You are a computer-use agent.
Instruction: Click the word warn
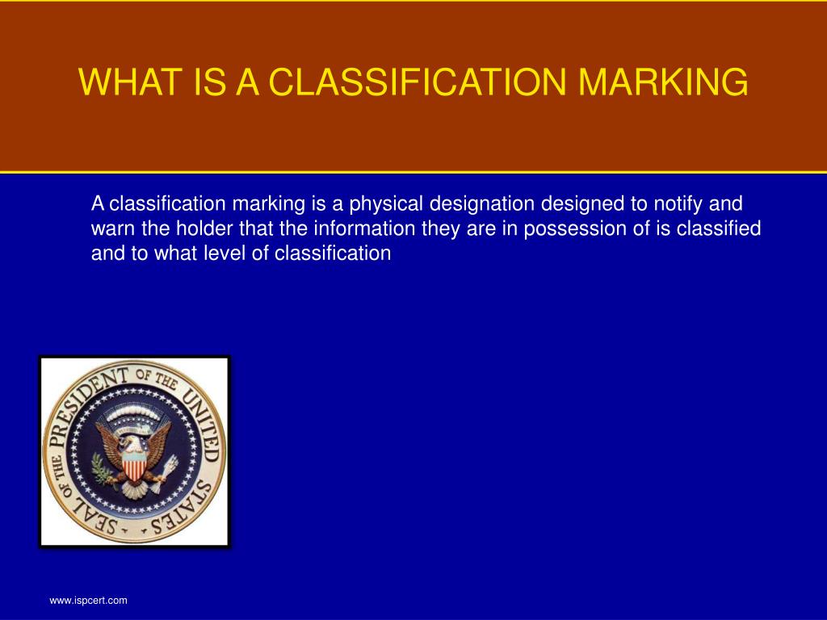(110, 228)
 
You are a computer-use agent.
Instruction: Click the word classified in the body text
(719, 228)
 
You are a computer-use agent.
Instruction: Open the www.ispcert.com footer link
(88, 601)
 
